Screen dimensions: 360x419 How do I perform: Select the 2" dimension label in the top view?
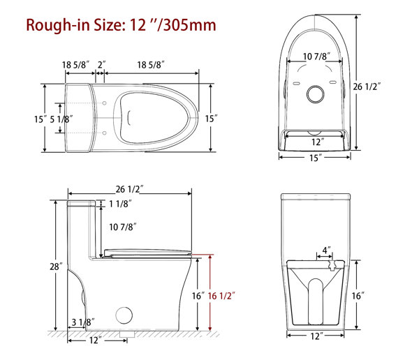coord(101,64)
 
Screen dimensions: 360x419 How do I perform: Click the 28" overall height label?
coord(57,267)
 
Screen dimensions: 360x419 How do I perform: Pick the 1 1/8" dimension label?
coord(119,204)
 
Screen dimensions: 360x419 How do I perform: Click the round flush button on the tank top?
coord(318,93)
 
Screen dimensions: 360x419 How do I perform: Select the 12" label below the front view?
coord(318,336)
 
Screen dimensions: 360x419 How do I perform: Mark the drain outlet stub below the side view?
coord(125,334)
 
